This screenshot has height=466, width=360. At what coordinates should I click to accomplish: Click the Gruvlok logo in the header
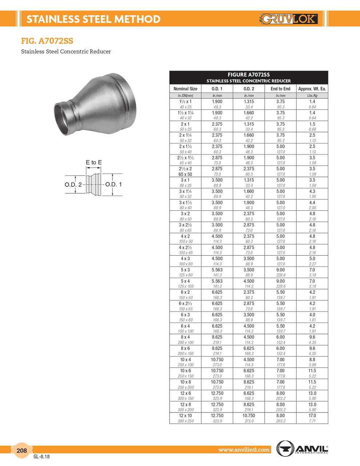[x=289, y=19]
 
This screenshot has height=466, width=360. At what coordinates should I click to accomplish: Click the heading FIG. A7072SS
[x=47, y=41]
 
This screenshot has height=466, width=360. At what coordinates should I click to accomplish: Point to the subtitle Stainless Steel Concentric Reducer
[x=66, y=51]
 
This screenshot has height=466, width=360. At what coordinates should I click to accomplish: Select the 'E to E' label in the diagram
[x=94, y=162]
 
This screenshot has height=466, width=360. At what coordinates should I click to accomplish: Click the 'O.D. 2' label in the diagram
[x=73, y=185]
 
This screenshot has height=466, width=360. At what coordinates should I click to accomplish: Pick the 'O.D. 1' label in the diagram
[x=114, y=184]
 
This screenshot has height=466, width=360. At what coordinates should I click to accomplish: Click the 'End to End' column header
[x=280, y=89]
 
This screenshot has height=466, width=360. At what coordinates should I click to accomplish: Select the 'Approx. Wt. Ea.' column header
[x=312, y=89]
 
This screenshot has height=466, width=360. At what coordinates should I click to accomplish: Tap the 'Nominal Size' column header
[x=185, y=89]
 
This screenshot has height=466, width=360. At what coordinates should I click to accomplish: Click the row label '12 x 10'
[x=185, y=415]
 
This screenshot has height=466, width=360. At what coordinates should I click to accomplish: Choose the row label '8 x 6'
[x=185, y=348]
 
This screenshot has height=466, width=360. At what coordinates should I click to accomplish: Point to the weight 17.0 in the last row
[x=312, y=415]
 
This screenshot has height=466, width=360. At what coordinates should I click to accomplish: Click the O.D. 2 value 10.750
[x=249, y=415]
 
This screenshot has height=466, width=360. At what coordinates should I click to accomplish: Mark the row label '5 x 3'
[x=185, y=270]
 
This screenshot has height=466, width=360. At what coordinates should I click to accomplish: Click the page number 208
[x=22, y=450]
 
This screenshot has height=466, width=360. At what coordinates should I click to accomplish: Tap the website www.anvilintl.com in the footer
[x=244, y=450]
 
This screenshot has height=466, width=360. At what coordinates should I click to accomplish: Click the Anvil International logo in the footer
[x=302, y=448]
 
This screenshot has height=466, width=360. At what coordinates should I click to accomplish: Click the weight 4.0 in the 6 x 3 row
[x=312, y=315]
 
